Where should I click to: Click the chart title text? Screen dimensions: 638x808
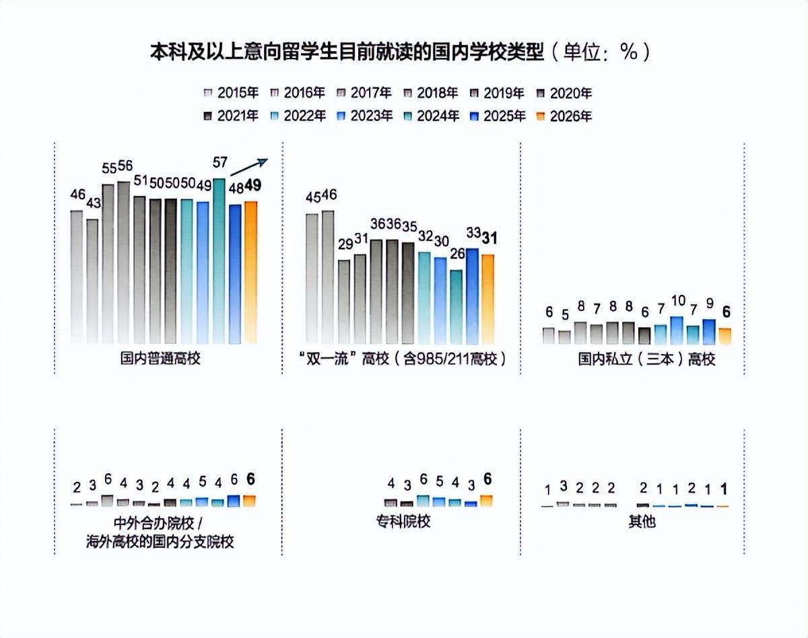(x=400, y=52)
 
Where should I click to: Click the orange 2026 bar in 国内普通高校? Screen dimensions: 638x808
(x=250, y=273)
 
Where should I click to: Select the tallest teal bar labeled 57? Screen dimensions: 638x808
(x=219, y=262)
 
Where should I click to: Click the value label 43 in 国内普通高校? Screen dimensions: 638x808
(x=94, y=203)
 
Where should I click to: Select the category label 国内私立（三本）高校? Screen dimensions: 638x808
(x=646, y=359)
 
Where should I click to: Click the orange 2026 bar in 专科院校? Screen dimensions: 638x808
(x=486, y=501)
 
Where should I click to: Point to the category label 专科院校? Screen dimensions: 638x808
(x=403, y=521)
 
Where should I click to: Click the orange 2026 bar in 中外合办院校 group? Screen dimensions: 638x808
(x=250, y=501)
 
